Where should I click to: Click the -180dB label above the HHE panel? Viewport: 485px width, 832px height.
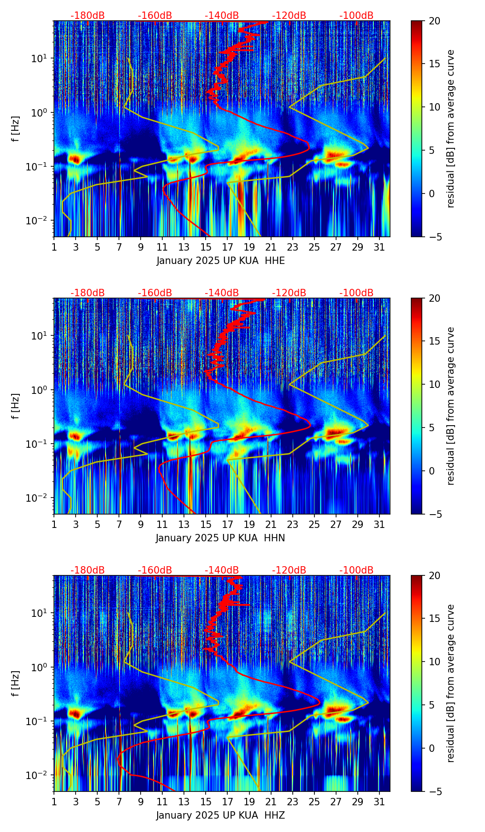pyautogui.click(x=88, y=16)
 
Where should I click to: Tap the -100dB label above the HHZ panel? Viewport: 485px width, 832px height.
pyautogui.click(x=356, y=570)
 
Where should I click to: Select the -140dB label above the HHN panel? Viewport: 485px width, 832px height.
pyautogui.click(x=222, y=293)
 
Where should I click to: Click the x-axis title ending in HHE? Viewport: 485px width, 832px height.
pyautogui.click(x=220, y=261)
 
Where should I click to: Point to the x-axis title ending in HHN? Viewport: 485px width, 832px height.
pyautogui.click(x=220, y=538)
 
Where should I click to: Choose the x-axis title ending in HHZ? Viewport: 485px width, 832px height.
pyautogui.click(x=220, y=815)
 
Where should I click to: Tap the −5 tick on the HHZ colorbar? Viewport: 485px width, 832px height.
pyautogui.click(x=434, y=791)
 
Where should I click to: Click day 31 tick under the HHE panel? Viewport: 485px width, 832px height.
pyautogui.click(x=379, y=247)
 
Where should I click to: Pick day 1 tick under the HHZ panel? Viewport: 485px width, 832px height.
pyautogui.click(x=54, y=802)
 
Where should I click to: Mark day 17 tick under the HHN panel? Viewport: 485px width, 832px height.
pyautogui.click(x=228, y=524)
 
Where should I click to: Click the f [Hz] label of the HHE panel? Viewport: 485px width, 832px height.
pyautogui.click(x=16, y=129)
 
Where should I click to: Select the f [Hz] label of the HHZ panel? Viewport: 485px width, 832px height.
pyautogui.click(x=16, y=684)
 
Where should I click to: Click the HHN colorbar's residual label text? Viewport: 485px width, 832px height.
pyautogui.click(x=451, y=406)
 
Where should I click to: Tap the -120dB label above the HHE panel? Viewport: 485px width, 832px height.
pyautogui.click(x=289, y=16)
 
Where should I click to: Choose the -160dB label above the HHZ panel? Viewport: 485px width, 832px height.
pyautogui.click(x=155, y=570)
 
